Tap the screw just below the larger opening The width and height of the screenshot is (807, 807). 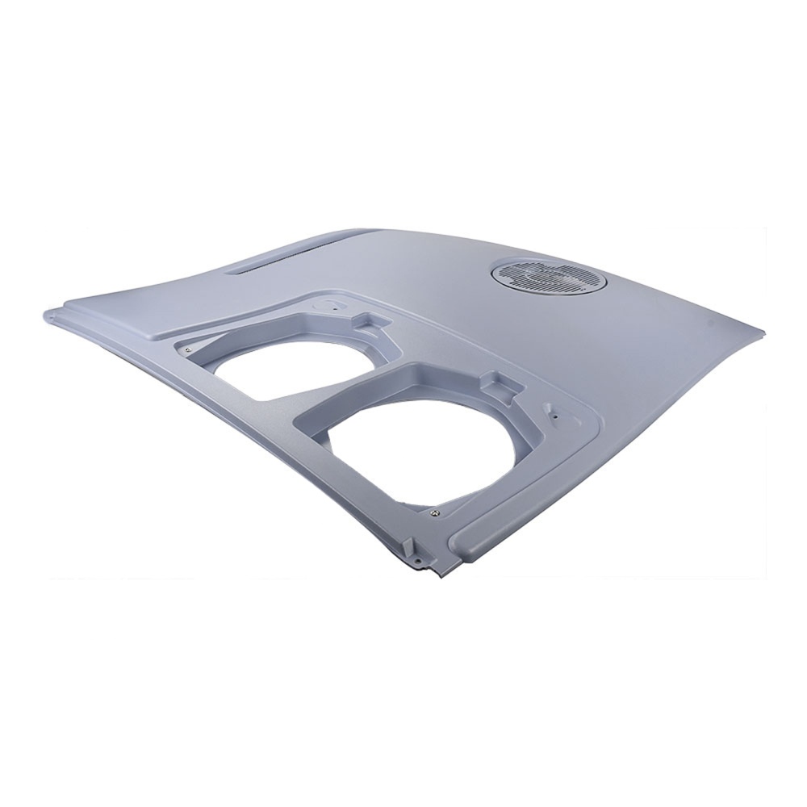[x=435, y=510]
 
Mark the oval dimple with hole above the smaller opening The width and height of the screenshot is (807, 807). [x=333, y=305]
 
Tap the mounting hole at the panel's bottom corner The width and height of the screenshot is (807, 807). [x=419, y=558]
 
